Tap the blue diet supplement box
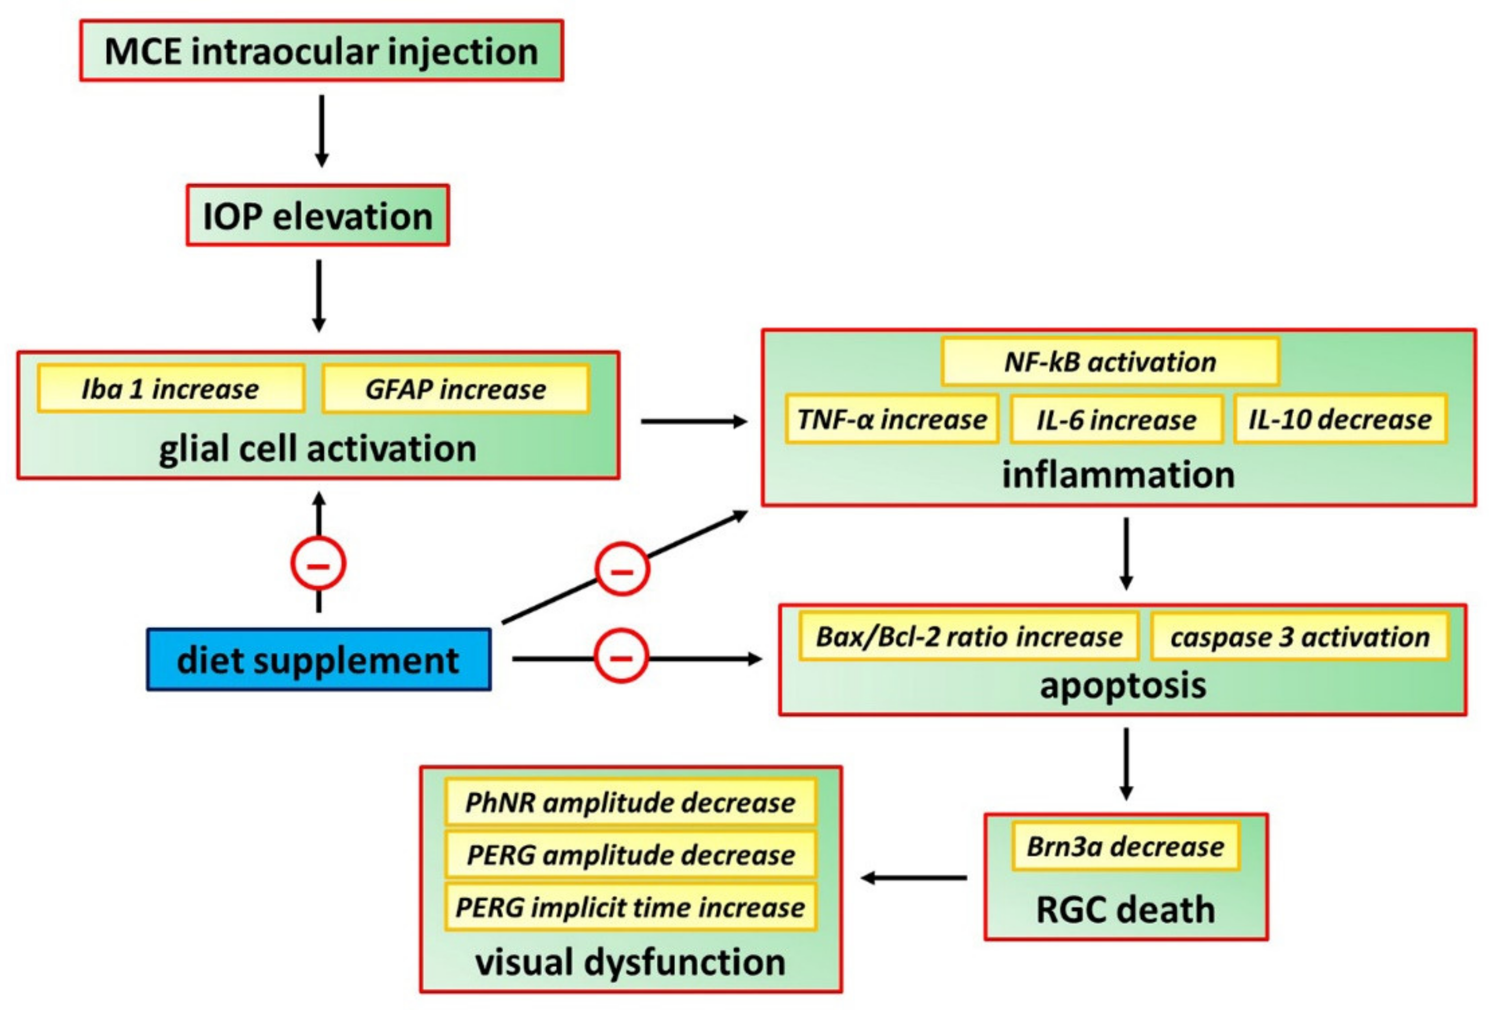click(x=318, y=660)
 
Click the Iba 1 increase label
click(x=171, y=388)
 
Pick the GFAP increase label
click(x=455, y=388)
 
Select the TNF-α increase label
click(x=892, y=419)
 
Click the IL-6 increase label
click(x=1116, y=419)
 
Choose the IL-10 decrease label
click(x=1340, y=419)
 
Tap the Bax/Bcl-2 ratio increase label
click(x=969, y=636)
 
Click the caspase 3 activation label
click(x=1299, y=636)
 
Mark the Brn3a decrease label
click(x=1125, y=846)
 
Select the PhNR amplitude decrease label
click(x=630, y=802)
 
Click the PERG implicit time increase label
click(x=630, y=907)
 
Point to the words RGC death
click(x=1125, y=909)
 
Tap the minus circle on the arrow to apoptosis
click(x=621, y=657)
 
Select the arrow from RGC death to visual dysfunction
click(x=913, y=877)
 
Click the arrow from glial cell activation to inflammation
click(x=694, y=421)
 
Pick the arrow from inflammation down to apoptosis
click(x=1126, y=553)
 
